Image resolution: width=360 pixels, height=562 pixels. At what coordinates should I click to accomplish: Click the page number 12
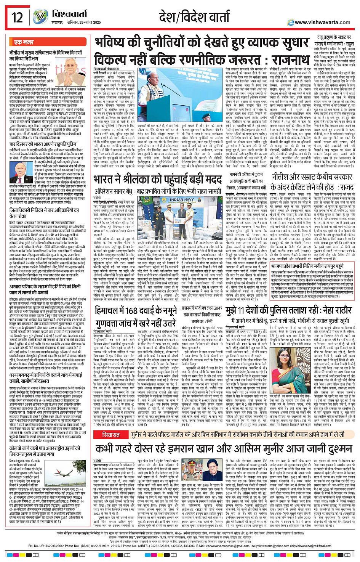point(18,17)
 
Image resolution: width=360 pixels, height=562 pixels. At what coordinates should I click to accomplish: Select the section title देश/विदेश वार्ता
point(194,17)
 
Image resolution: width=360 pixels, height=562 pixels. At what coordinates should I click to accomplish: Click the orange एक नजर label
point(24,42)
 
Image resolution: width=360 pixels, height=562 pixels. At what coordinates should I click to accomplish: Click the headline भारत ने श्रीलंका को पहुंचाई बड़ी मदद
point(158,180)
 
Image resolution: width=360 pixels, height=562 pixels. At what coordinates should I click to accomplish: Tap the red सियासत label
point(111,434)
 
